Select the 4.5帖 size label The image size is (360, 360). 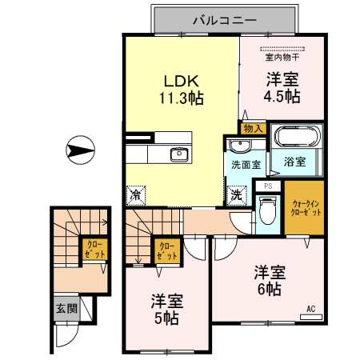coord(282,97)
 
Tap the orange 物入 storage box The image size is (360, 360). coord(252,128)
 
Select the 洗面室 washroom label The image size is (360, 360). coord(246,166)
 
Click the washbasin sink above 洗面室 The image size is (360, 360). coord(240,145)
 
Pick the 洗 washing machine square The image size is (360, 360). coord(238,193)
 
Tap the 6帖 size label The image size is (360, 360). coord(268,289)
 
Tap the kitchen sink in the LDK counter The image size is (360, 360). coord(178,154)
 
